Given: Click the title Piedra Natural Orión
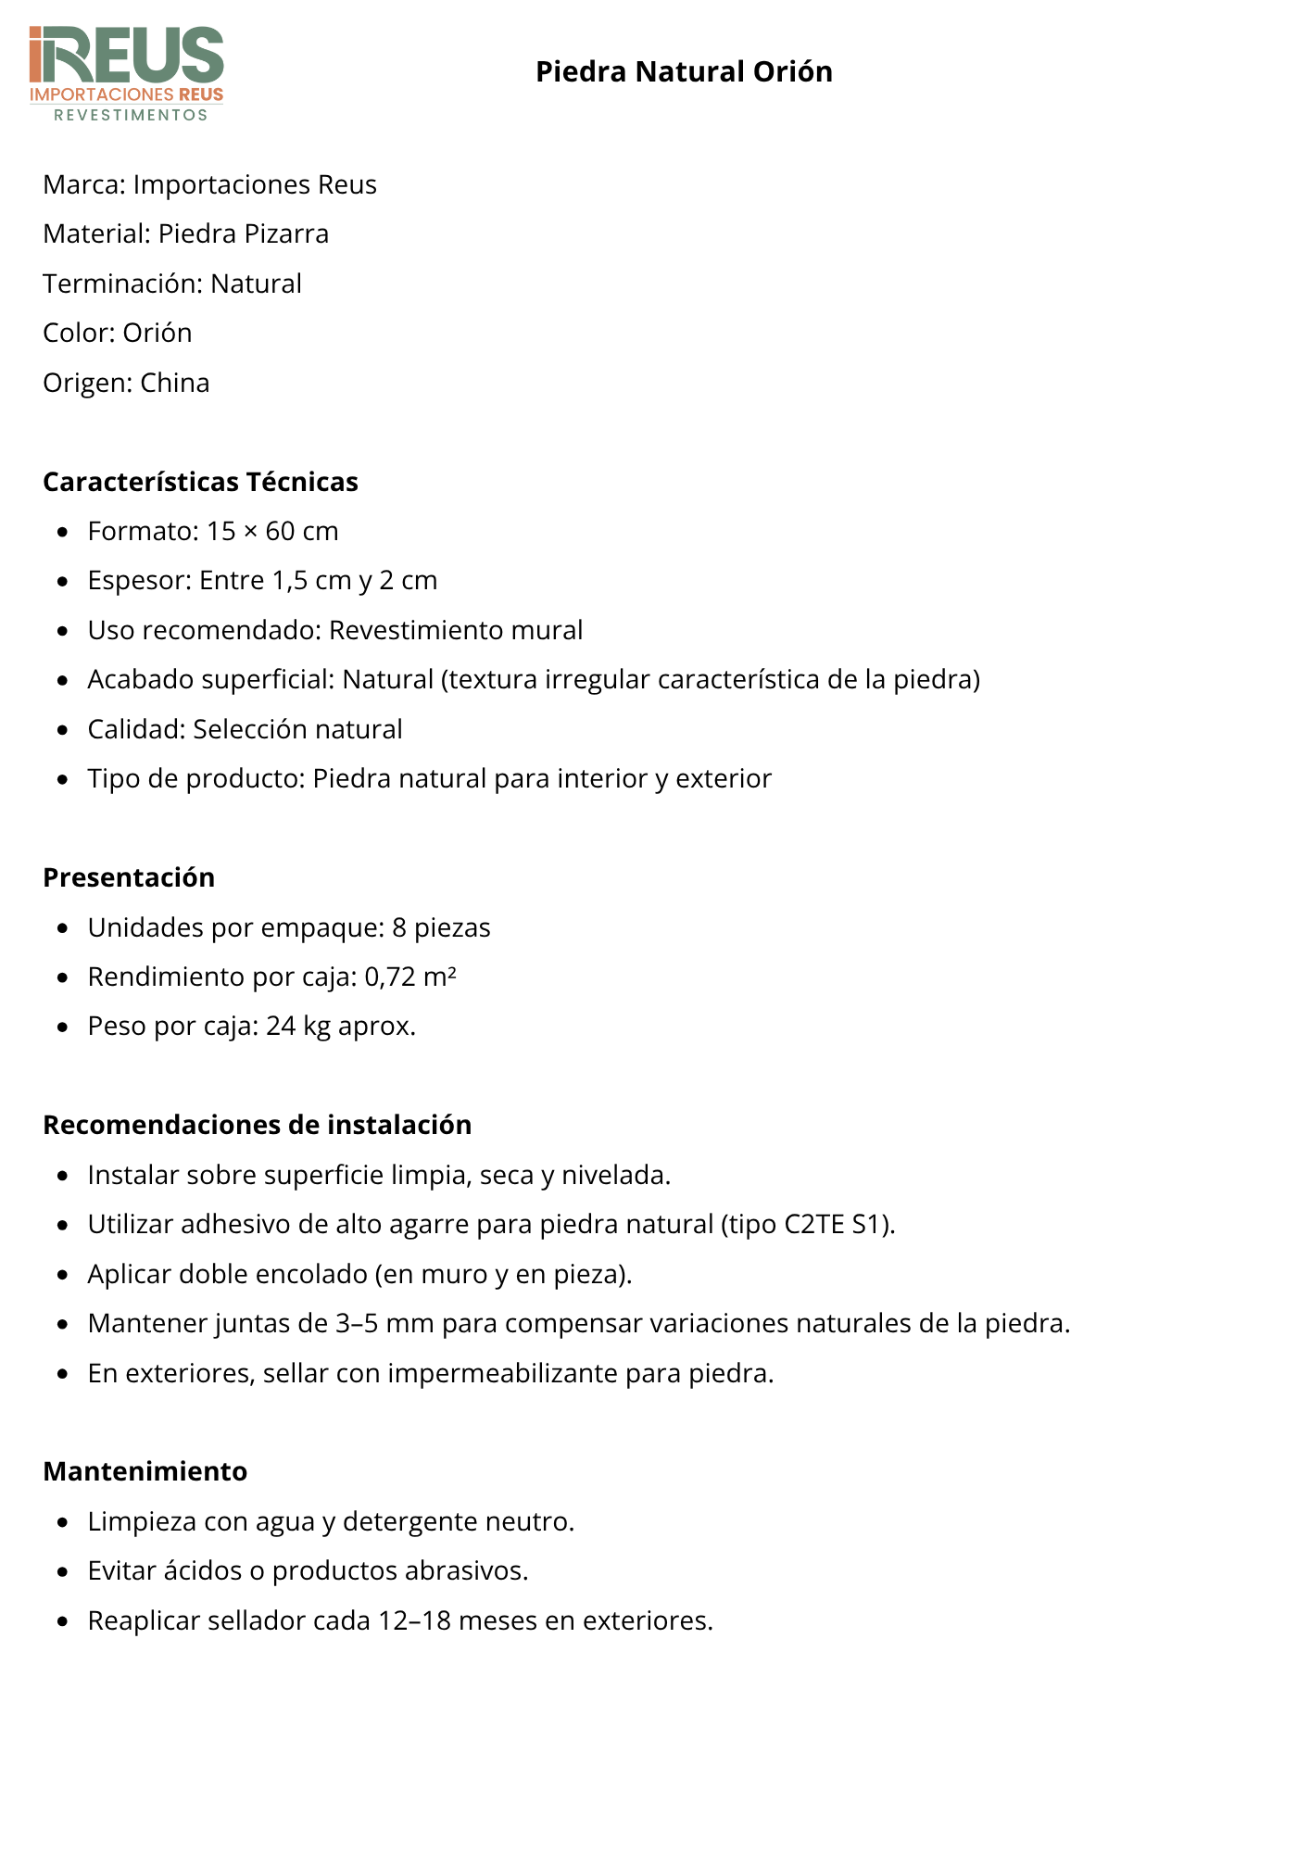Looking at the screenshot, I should point(684,72).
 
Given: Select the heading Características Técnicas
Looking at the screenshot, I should point(200,482).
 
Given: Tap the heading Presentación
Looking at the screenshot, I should point(129,877).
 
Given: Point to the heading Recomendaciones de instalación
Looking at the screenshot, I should point(257,1125).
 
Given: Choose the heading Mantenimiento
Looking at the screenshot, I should point(145,1471).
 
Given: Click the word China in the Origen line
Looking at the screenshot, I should point(175,383).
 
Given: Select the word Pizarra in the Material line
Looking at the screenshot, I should point(289,233).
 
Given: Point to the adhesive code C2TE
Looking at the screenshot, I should point(814,1225).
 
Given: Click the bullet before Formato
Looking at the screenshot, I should point(63,532).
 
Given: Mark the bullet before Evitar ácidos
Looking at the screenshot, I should point(63,1571).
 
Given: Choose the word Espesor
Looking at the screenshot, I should point(139,581).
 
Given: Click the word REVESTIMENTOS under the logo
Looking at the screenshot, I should point(131,115).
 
